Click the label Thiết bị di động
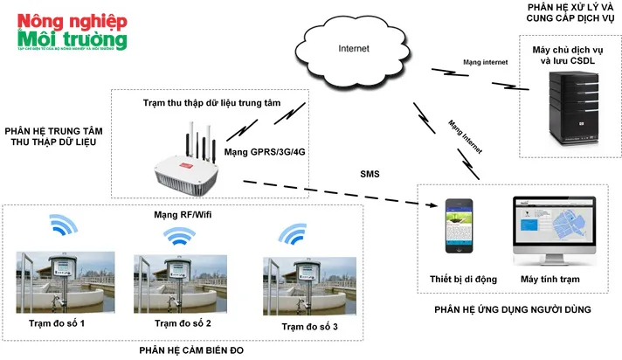tap(463, 279)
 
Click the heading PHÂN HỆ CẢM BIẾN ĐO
tap(190, 350)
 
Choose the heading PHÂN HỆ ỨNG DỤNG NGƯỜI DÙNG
tap(512, 309)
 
